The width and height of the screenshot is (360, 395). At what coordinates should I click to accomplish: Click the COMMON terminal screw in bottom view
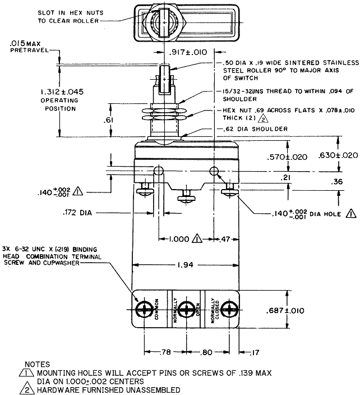[x=145, y=309]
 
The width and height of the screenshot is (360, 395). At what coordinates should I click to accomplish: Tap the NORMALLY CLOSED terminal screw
[x=227, y=309]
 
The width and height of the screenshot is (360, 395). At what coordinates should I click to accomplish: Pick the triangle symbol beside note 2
[x=26, y=389]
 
